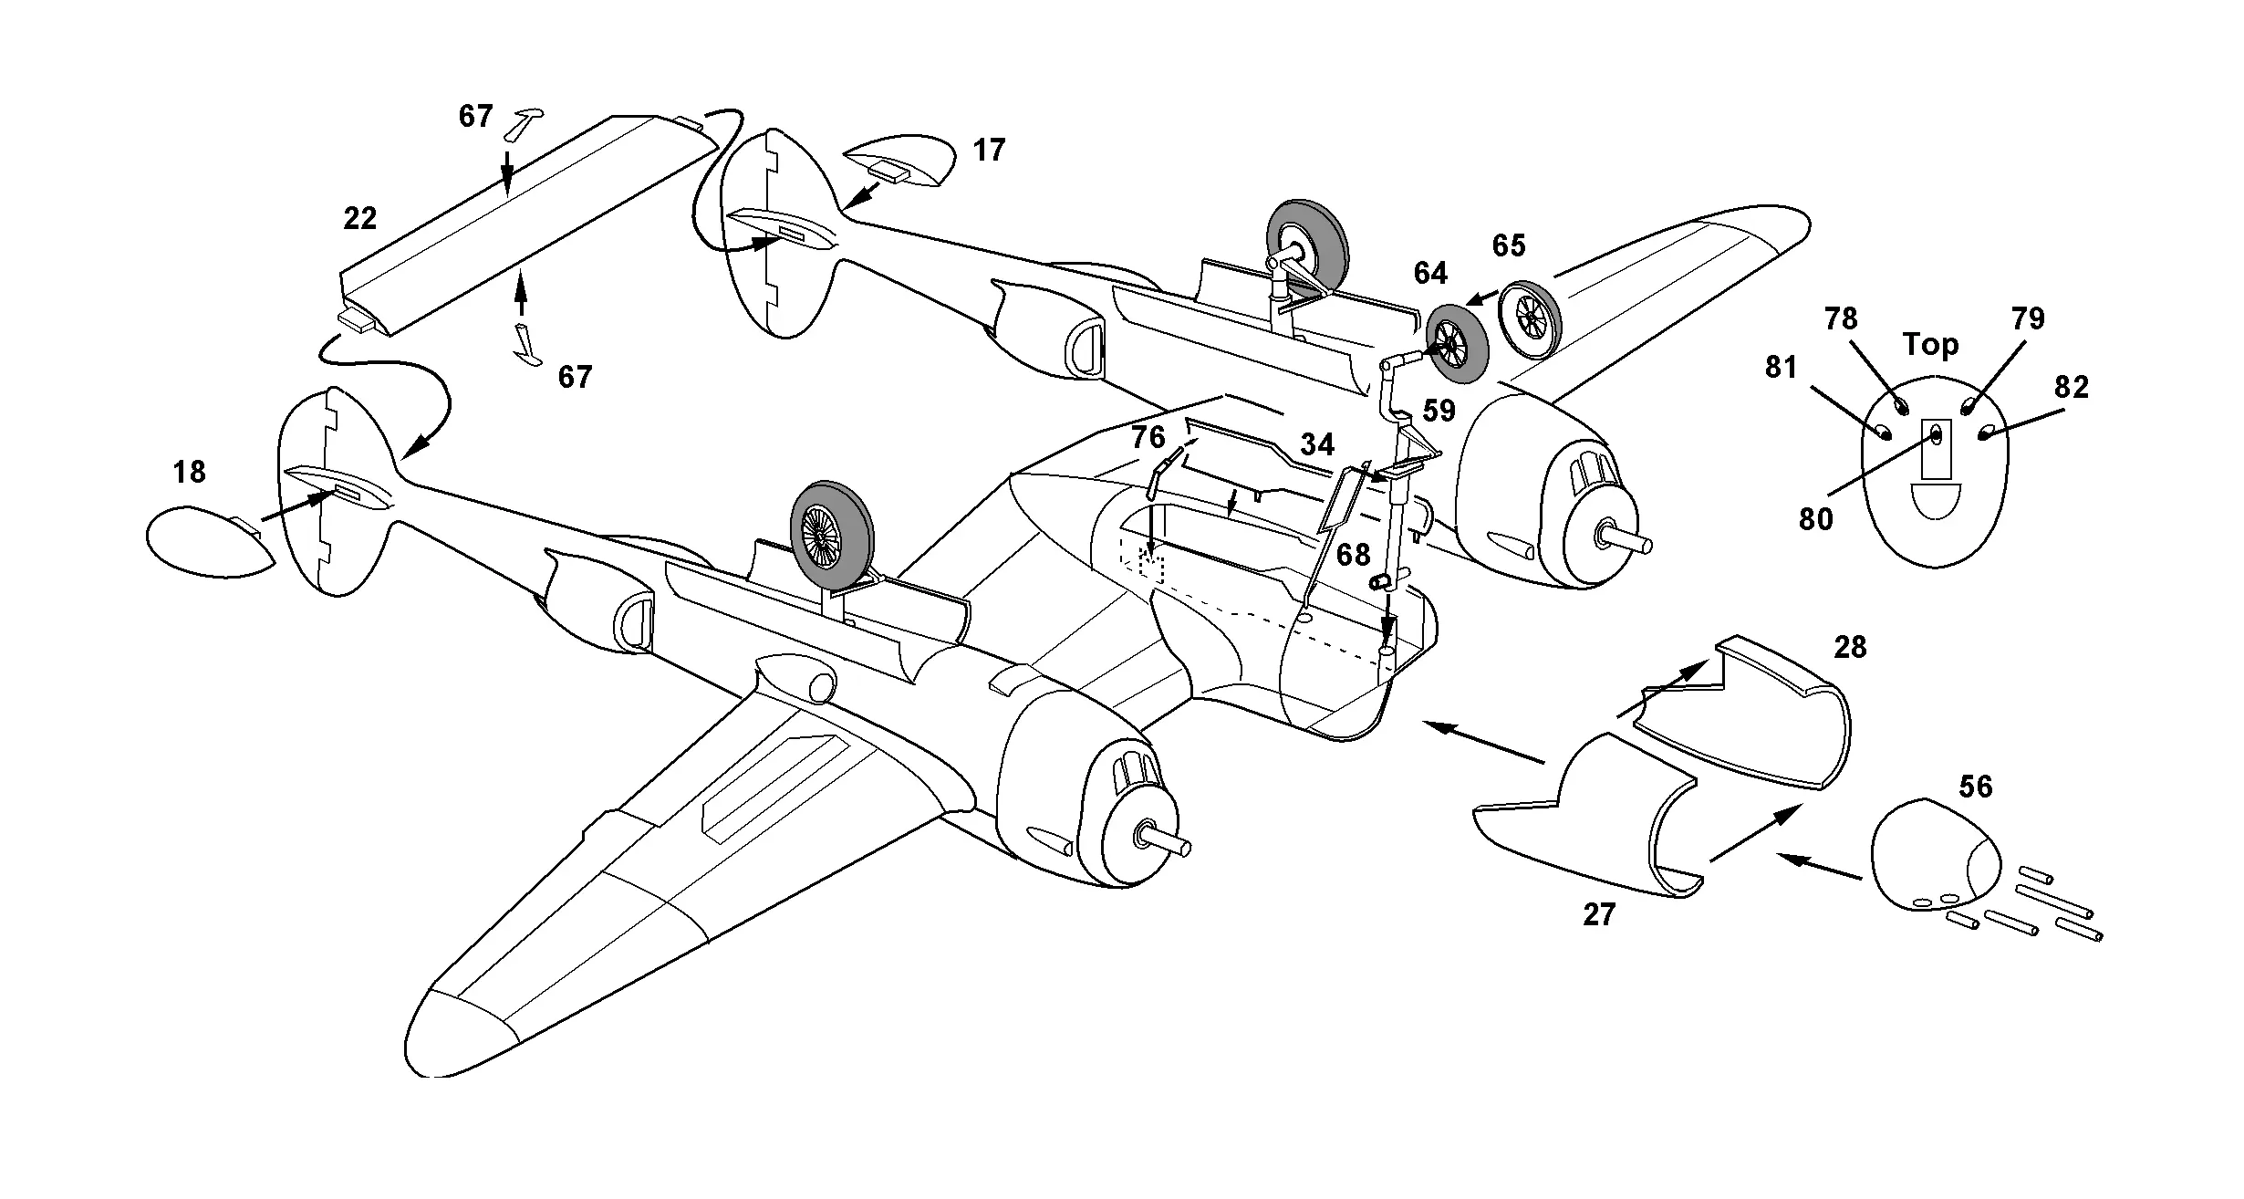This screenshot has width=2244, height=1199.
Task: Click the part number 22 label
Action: [x=360, y=219]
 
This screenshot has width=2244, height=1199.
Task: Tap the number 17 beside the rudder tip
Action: [x=989, y=151]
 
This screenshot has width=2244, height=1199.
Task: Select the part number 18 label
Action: [x=189, y=473]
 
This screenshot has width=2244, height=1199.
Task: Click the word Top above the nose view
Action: [x=1930, y=345]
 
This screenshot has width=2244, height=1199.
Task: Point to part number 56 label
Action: [x=1976, y=787]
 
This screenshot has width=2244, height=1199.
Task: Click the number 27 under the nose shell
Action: [x=1599, y=915]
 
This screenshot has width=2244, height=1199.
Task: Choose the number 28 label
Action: [x=1851, y=648]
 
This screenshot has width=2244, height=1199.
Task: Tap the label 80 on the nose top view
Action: [x=1815, y=519]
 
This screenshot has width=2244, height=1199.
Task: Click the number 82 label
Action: [x=2072, y=388]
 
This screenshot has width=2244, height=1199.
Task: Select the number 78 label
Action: [x=1841, y=319]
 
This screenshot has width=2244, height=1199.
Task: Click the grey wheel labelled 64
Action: [x=1457, y=342]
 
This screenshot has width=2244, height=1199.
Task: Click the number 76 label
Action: [x=1148, y=439]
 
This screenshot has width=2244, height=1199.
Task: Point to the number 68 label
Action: [x=1353, y=555]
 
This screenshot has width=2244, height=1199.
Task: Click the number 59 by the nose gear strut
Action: [x=1439, y=411]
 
